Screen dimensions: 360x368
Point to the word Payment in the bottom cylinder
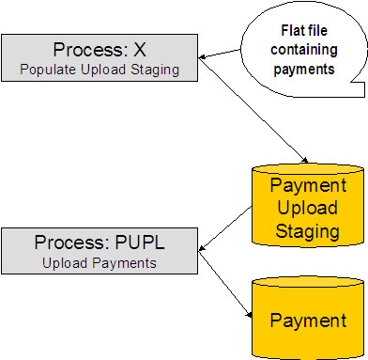[308, 321]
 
